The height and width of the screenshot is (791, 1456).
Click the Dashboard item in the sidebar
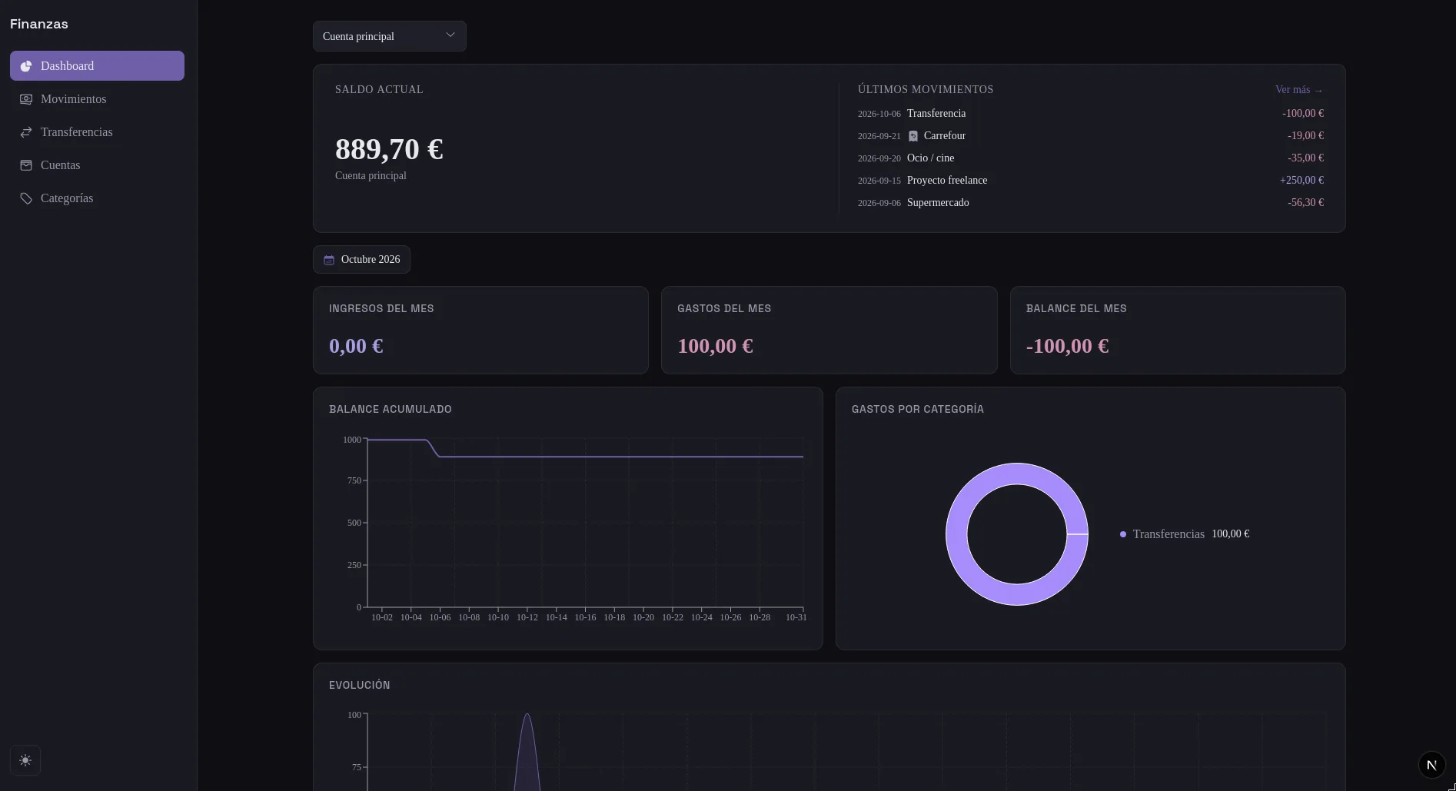(97, 66)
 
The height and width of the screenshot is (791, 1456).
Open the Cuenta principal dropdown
(389, 36)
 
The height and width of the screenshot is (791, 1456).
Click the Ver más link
(1299, 90)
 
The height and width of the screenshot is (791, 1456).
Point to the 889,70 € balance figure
(389, 149)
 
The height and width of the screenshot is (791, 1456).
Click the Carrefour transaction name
(944, 136)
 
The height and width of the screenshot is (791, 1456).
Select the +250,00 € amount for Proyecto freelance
(1301, 181)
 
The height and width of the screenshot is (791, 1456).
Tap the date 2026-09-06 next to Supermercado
(879, 203)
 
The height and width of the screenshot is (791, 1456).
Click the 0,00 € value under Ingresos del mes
(356, 346)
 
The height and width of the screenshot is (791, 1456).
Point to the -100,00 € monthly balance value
(1067, 346)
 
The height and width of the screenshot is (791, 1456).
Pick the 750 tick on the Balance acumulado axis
(354, 480)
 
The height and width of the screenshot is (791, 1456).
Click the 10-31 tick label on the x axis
(796, 617)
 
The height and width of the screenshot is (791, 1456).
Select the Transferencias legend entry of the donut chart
(1184, 534)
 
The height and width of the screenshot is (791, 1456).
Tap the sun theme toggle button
(25, 761)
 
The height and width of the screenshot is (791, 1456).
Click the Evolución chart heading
(359, 686)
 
